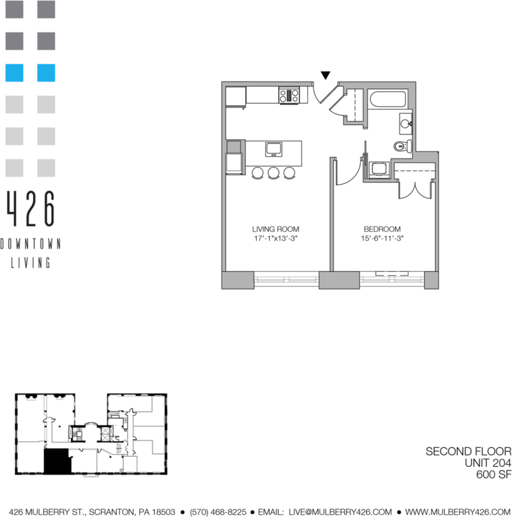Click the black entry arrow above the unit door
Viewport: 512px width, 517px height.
coord(326,75)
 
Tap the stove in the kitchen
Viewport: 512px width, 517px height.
coord(289,96)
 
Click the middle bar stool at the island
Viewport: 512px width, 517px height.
coord(274,172)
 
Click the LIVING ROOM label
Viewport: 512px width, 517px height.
coord(275,229)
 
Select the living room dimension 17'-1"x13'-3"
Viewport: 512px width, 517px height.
coord(275,238)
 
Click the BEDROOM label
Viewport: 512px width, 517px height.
coord(382,229)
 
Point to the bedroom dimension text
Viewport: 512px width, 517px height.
coord(382,238)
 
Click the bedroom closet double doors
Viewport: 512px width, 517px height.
coord(414,187)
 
